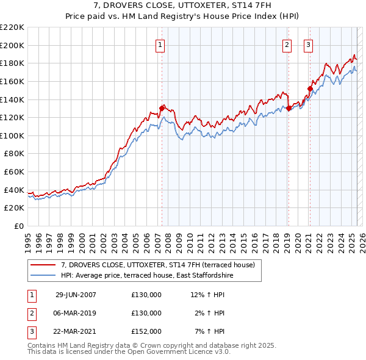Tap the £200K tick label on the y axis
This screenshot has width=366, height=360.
(x=12, y=45)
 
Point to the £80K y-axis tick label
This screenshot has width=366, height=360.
(x=14, y=154)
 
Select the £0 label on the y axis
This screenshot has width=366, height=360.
(x=18, y=226)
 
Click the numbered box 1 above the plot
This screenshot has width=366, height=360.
(x=160, y=45)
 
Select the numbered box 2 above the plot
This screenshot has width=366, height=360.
(x=287, y=45)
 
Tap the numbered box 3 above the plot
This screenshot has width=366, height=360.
(x=309, y=45)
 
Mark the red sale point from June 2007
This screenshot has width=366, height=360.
(x=162, y=108)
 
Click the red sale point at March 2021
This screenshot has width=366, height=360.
(x=309, y=88)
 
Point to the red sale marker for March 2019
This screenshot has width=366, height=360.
(x=288, y=109)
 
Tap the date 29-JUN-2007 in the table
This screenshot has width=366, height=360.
(x=76, y=295)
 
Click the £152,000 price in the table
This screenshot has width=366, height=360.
(x=146, y=331)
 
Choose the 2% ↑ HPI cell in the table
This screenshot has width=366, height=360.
(x=210, y=313)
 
